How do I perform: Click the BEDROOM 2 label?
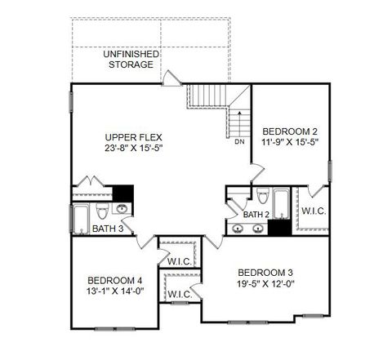pos(290,131)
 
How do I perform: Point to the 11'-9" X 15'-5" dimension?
pos(290,142)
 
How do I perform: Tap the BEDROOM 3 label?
pos(265,272)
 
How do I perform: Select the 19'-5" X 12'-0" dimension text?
pos(265,284)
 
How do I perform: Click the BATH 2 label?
pos(256,214)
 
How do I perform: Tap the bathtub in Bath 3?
pos(81,219)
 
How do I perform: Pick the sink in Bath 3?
pos(123,210)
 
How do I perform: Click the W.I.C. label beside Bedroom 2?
pos(313,211)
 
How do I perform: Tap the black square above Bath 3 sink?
pos(122,193)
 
